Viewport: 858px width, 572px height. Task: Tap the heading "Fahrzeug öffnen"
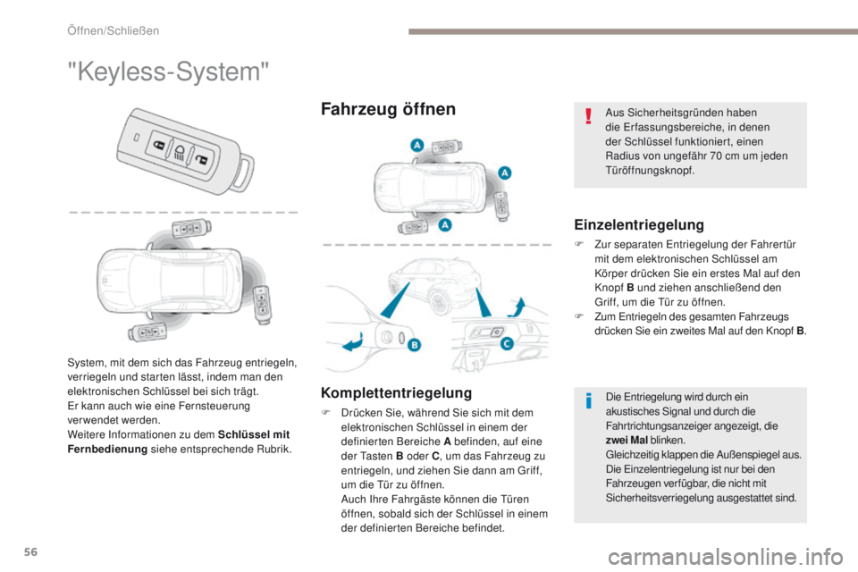tap(388, 109)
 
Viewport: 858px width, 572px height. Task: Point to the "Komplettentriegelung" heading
tap(397, 391)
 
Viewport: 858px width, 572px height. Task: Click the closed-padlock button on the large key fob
tap(158, 147)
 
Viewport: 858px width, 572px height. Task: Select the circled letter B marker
tap(413, 344)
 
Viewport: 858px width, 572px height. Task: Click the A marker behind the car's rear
tap(505, 172)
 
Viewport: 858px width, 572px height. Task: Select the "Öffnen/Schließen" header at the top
tap(113, 31)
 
